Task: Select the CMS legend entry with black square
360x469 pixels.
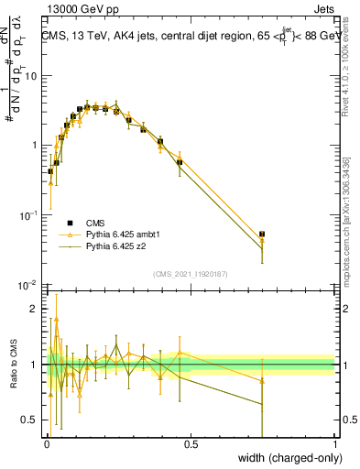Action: [95, 223]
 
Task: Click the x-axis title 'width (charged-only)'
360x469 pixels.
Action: [285, 459]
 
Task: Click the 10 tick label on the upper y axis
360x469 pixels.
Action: [30, 76]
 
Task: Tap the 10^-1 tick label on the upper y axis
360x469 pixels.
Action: [28, 214]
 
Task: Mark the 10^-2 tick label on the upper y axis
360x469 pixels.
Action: [28, 284]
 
